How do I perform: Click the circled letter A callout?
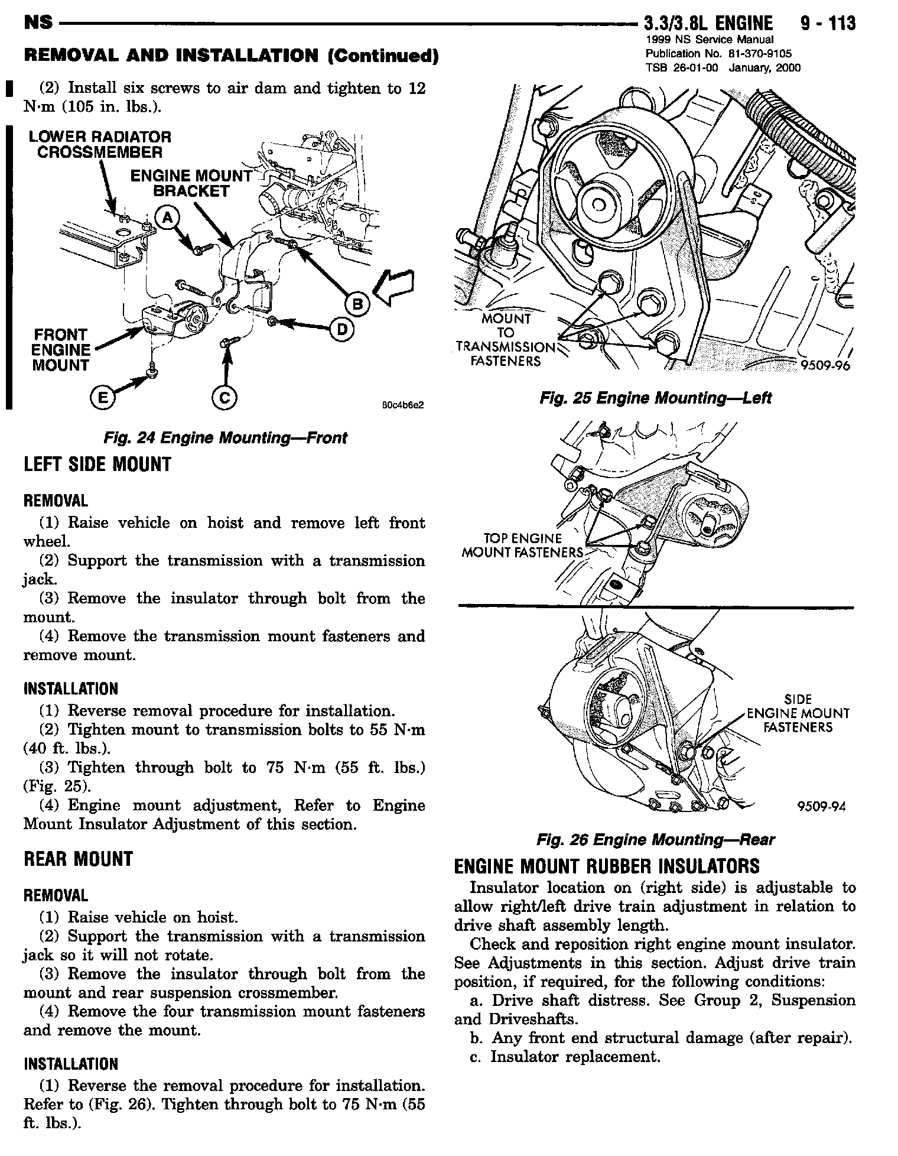point(167,218)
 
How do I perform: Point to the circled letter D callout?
point(342,329)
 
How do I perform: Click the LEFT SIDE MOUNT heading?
point(97,465)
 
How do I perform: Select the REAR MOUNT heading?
point(79,859)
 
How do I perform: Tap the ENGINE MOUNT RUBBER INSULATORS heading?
point(607,866)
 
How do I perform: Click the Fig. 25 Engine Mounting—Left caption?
point(655,398)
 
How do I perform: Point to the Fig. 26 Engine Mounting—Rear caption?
point(655,839)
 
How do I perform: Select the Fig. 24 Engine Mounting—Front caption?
point(225,438)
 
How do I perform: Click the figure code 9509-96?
point(825,366)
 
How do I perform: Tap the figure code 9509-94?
point(822,807)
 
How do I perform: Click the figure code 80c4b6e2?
point(404,405)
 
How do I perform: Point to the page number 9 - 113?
point(828,24)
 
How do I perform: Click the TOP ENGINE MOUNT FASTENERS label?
point(522,545)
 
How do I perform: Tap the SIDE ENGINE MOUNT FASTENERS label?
point(798,713)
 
